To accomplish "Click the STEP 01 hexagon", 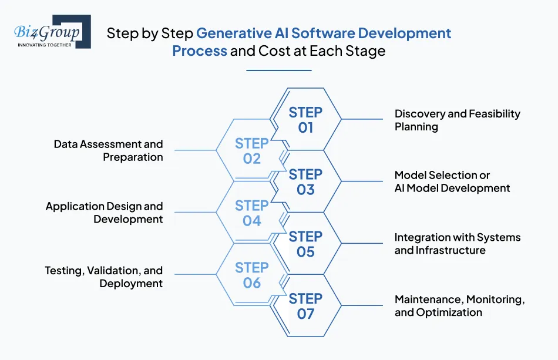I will click(x=305, y=119).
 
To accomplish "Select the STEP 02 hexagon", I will click(x=251, y=151).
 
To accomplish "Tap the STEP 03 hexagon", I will click(x=305, y=181).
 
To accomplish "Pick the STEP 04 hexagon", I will click(x=251, y=213).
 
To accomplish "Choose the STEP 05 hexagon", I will click(x=305, y=244).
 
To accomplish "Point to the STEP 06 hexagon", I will click(x=251, y=275).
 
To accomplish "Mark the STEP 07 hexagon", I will click(x=305, y=306).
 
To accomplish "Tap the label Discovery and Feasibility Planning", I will click(x=457, y=120).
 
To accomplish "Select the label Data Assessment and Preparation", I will click(x=109, y=150).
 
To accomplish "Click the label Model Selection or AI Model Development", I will click(x=452, y=181).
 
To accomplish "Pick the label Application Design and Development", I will click(x=105, y=213).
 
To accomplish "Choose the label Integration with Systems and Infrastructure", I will click(x=457, y=244).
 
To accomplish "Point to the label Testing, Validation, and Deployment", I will click(x=104, y=277).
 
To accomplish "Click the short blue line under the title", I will click(x=278, y=70).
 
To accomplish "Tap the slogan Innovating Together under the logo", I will click(x=45, y=44).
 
